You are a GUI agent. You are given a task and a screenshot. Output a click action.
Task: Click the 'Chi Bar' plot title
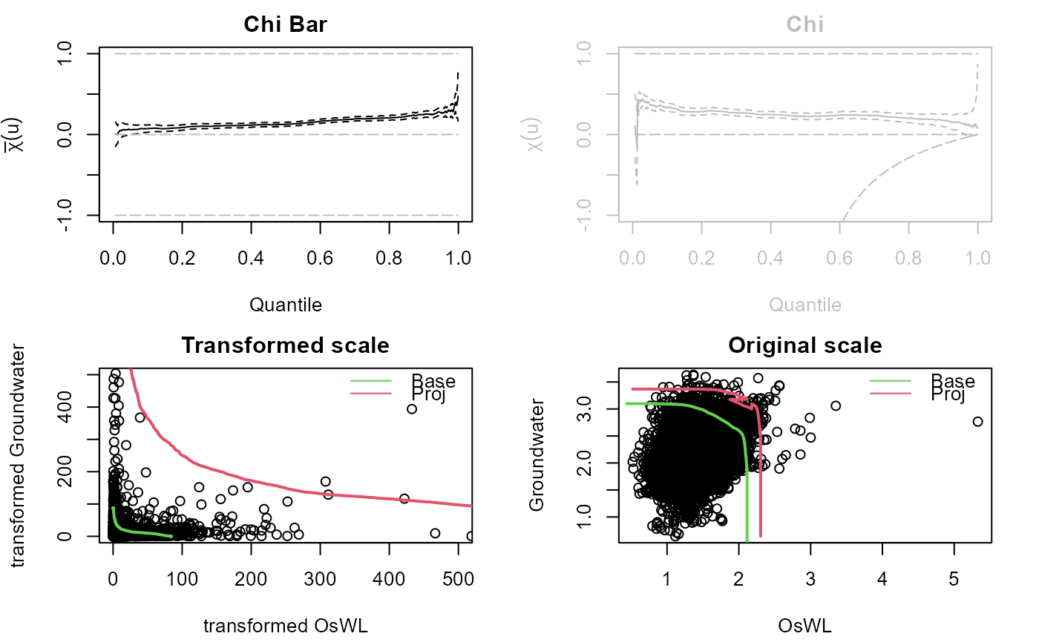286,24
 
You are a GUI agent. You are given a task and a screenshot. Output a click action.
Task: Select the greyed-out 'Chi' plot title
805,24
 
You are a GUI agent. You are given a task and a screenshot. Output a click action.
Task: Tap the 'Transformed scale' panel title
286,345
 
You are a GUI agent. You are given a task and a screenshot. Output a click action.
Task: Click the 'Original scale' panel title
805,345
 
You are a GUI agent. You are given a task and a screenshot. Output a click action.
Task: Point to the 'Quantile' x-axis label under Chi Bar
286,304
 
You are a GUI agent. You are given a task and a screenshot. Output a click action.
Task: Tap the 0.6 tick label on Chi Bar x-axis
321,257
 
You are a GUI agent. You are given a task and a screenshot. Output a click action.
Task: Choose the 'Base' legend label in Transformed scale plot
434,382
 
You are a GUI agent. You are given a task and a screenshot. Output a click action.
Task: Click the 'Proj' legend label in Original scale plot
948,394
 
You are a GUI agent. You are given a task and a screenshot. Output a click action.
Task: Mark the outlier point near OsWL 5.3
977,421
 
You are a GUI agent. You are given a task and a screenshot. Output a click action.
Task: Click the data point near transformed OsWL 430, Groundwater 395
412,408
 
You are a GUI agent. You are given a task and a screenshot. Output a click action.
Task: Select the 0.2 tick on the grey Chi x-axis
701,257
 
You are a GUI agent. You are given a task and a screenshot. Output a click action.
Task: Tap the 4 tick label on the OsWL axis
882,578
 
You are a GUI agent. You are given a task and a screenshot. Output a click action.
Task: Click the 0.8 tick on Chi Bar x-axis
390,257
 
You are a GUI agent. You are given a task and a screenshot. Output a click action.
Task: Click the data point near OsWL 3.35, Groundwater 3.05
836,406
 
